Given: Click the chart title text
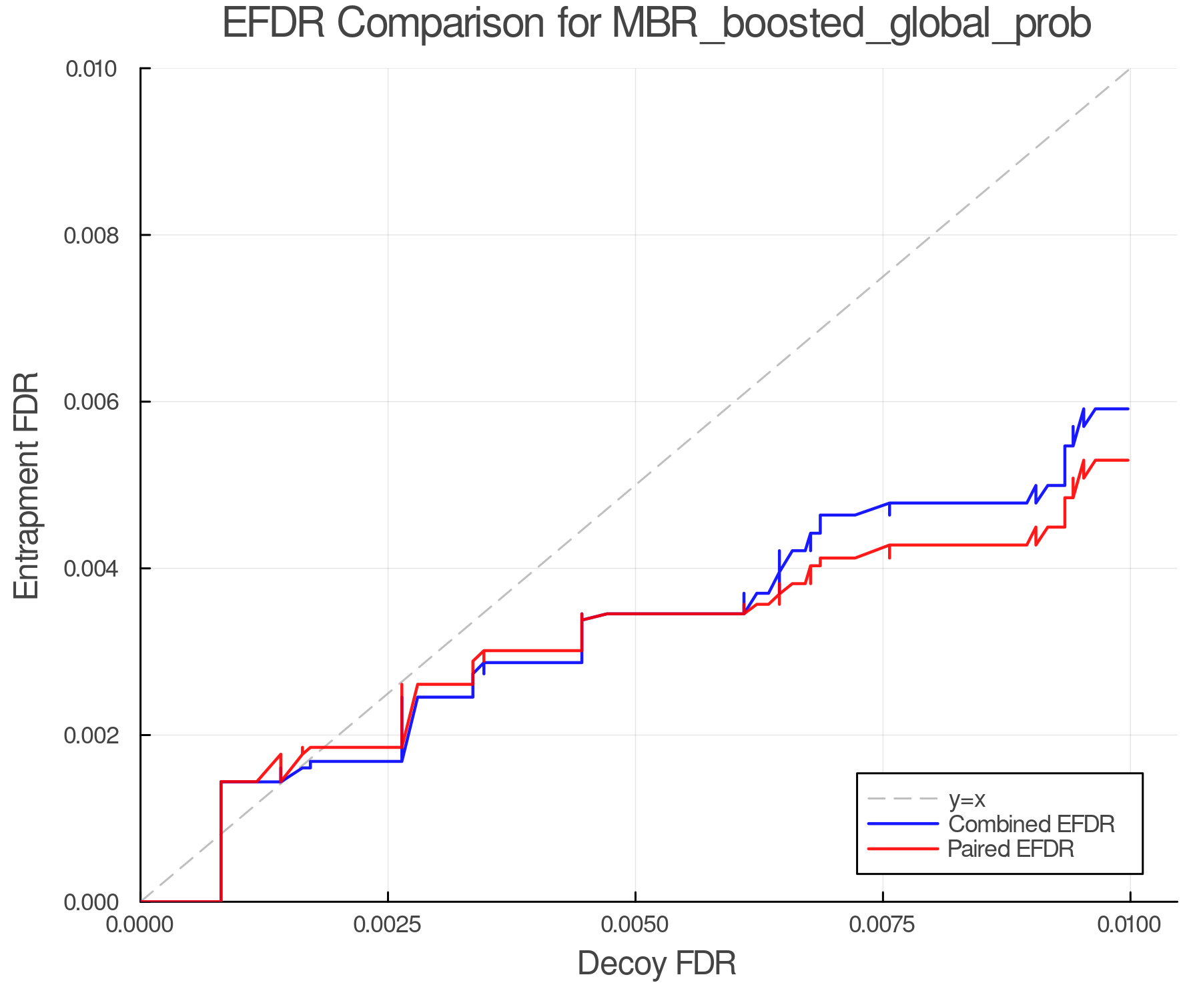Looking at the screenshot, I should point(656,24).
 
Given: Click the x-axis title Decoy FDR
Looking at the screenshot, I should point(656,963).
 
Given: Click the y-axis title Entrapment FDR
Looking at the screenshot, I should point(27,485).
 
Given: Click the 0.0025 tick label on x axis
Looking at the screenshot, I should point(388,925).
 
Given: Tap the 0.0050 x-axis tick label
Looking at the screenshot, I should point(635,925).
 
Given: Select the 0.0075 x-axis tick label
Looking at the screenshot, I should point(883,925).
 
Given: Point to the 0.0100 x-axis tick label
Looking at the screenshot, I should point(1130,925).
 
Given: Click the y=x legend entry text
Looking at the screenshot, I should point(967,799).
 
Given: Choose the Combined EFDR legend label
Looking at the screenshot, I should point(1031,823).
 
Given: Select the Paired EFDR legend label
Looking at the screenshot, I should point(1010,849).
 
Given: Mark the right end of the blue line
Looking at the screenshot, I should point(1128,408).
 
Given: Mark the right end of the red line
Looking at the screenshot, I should point(1128,460).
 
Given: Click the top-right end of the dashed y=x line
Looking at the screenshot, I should point(1129,69).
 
